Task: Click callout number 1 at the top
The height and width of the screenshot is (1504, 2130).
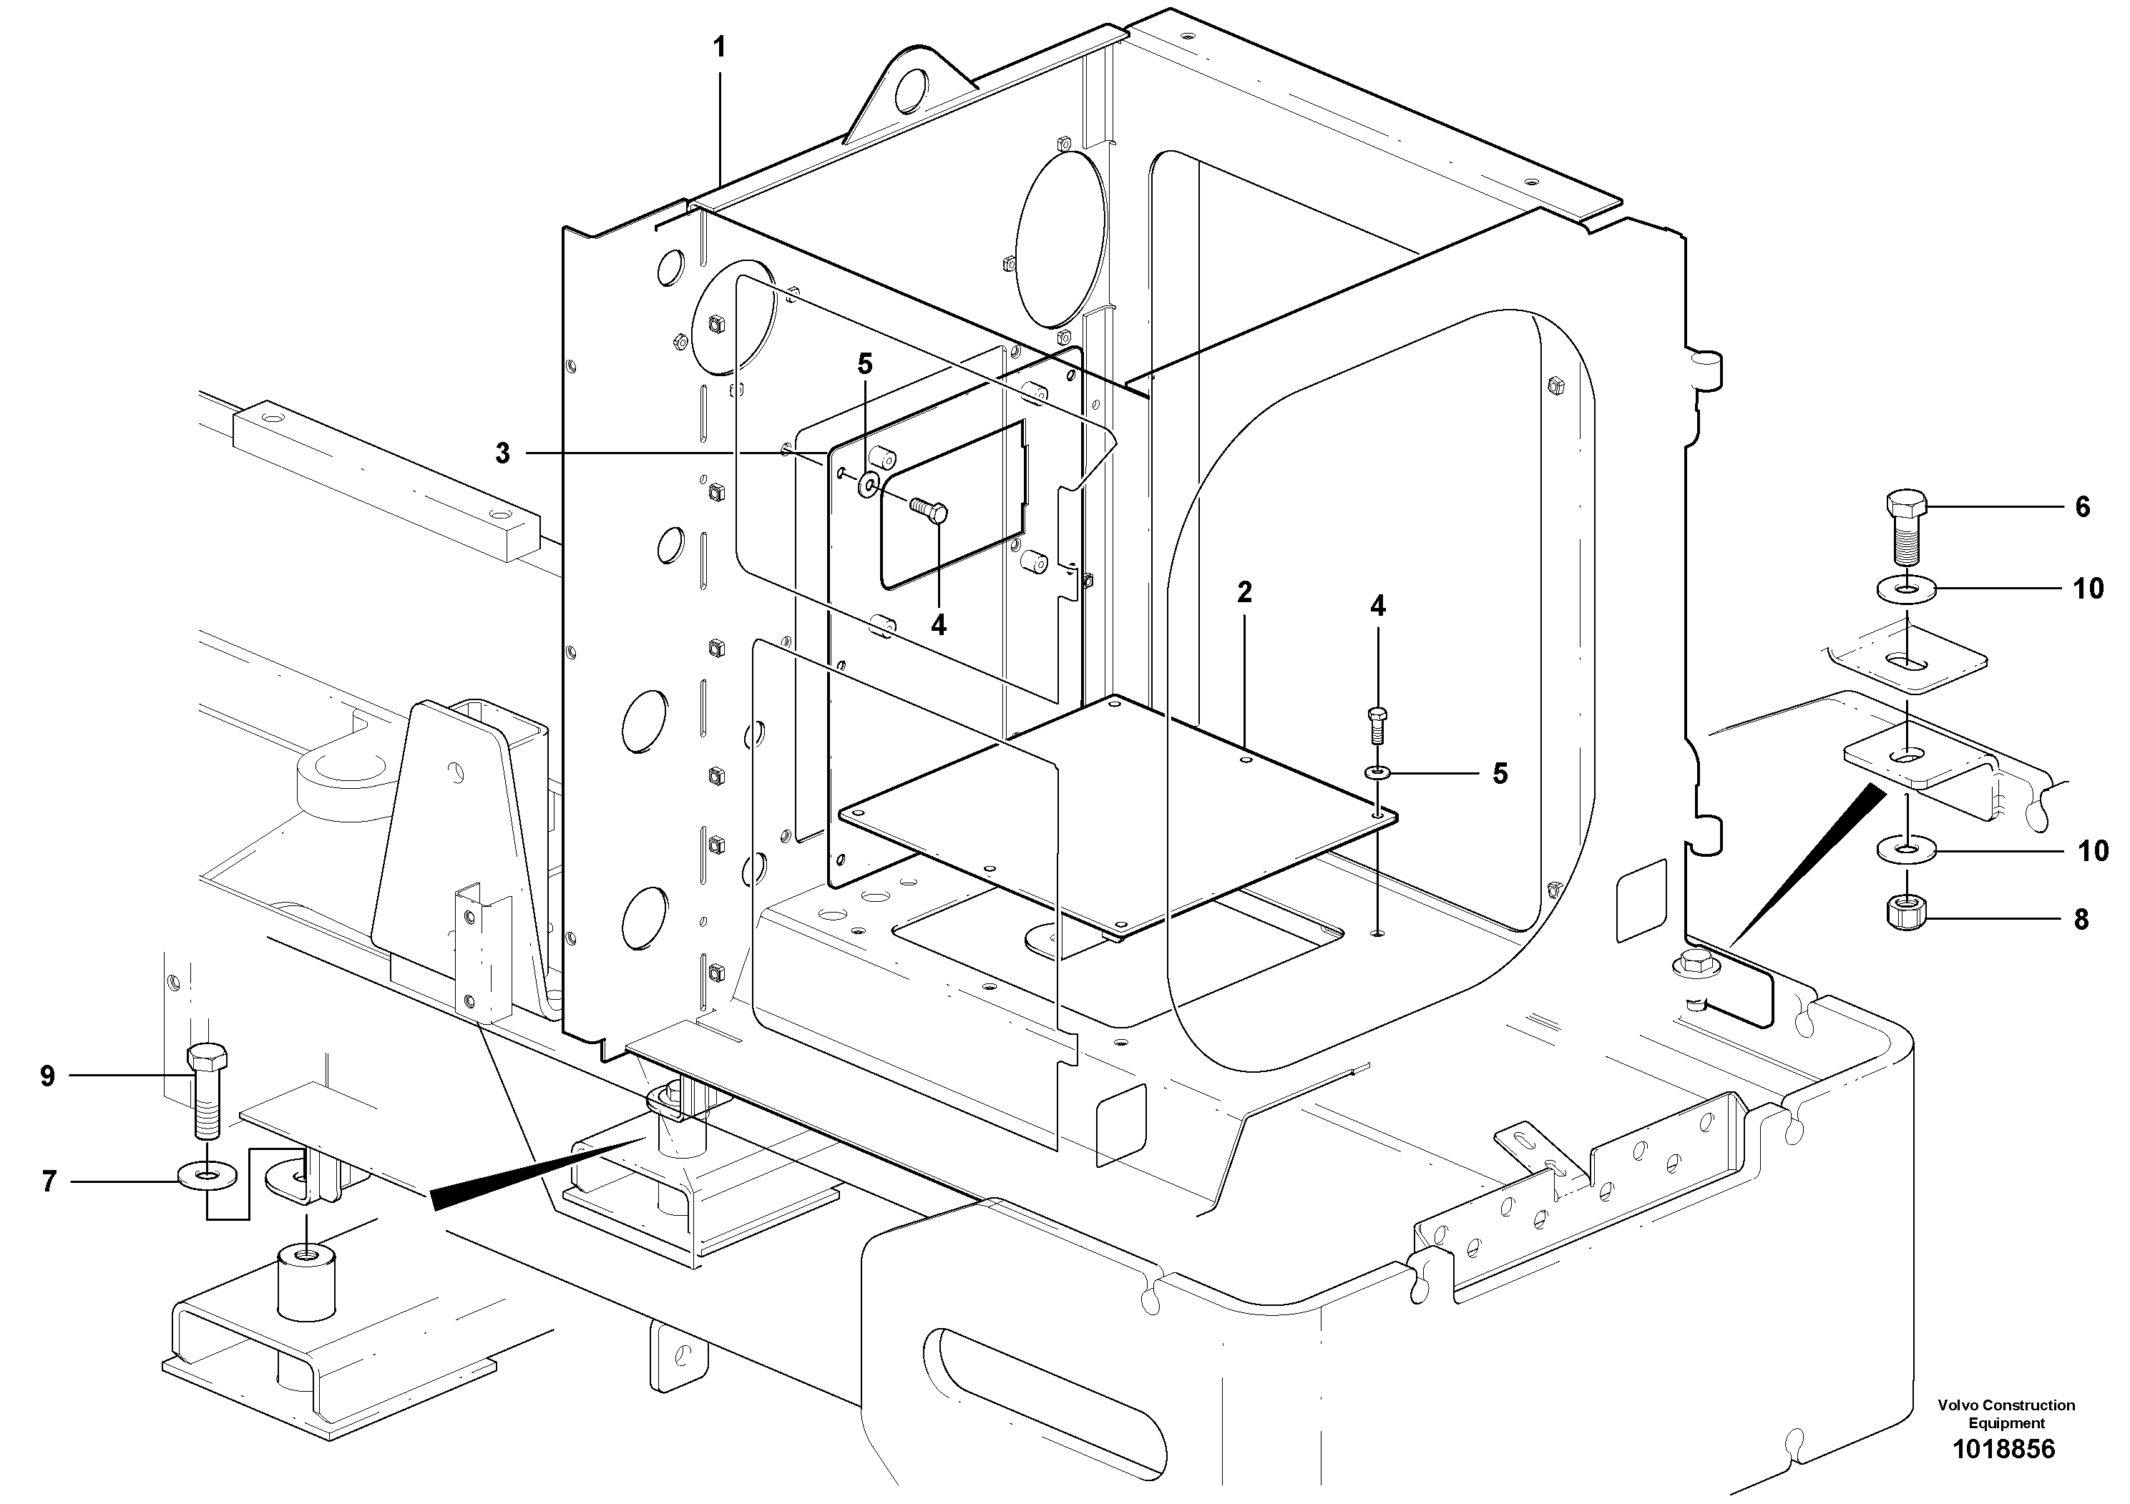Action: tap(720, 47)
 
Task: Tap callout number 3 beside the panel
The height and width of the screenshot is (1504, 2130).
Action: tap(502, 453)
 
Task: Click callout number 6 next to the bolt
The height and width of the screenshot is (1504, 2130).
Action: tap(2083, 507)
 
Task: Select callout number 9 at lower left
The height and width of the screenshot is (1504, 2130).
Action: tap(47, 1076)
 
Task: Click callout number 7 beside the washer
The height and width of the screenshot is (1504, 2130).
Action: tap(49, 1181)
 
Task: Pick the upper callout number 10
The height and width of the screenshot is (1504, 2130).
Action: tap(2089, 589)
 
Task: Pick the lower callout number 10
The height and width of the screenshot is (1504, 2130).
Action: tap(2092, 850)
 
